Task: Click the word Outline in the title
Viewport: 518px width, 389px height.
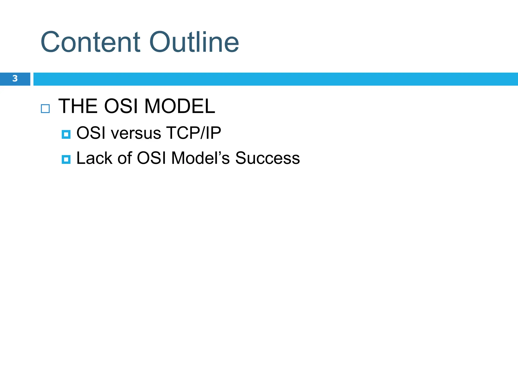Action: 194,42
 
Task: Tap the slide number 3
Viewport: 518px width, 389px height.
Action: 15,79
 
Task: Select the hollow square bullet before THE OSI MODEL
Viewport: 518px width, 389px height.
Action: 45,109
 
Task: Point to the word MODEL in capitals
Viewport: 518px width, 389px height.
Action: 180,106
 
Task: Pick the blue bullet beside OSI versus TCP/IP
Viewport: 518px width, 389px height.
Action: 66,134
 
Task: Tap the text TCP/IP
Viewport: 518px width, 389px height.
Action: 193,133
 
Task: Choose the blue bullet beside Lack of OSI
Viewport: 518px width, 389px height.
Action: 66,160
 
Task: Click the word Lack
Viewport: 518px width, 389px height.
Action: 94,158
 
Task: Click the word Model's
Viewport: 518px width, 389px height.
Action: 200,158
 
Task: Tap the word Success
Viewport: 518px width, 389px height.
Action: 267,158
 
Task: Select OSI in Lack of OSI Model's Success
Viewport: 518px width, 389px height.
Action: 151,158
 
